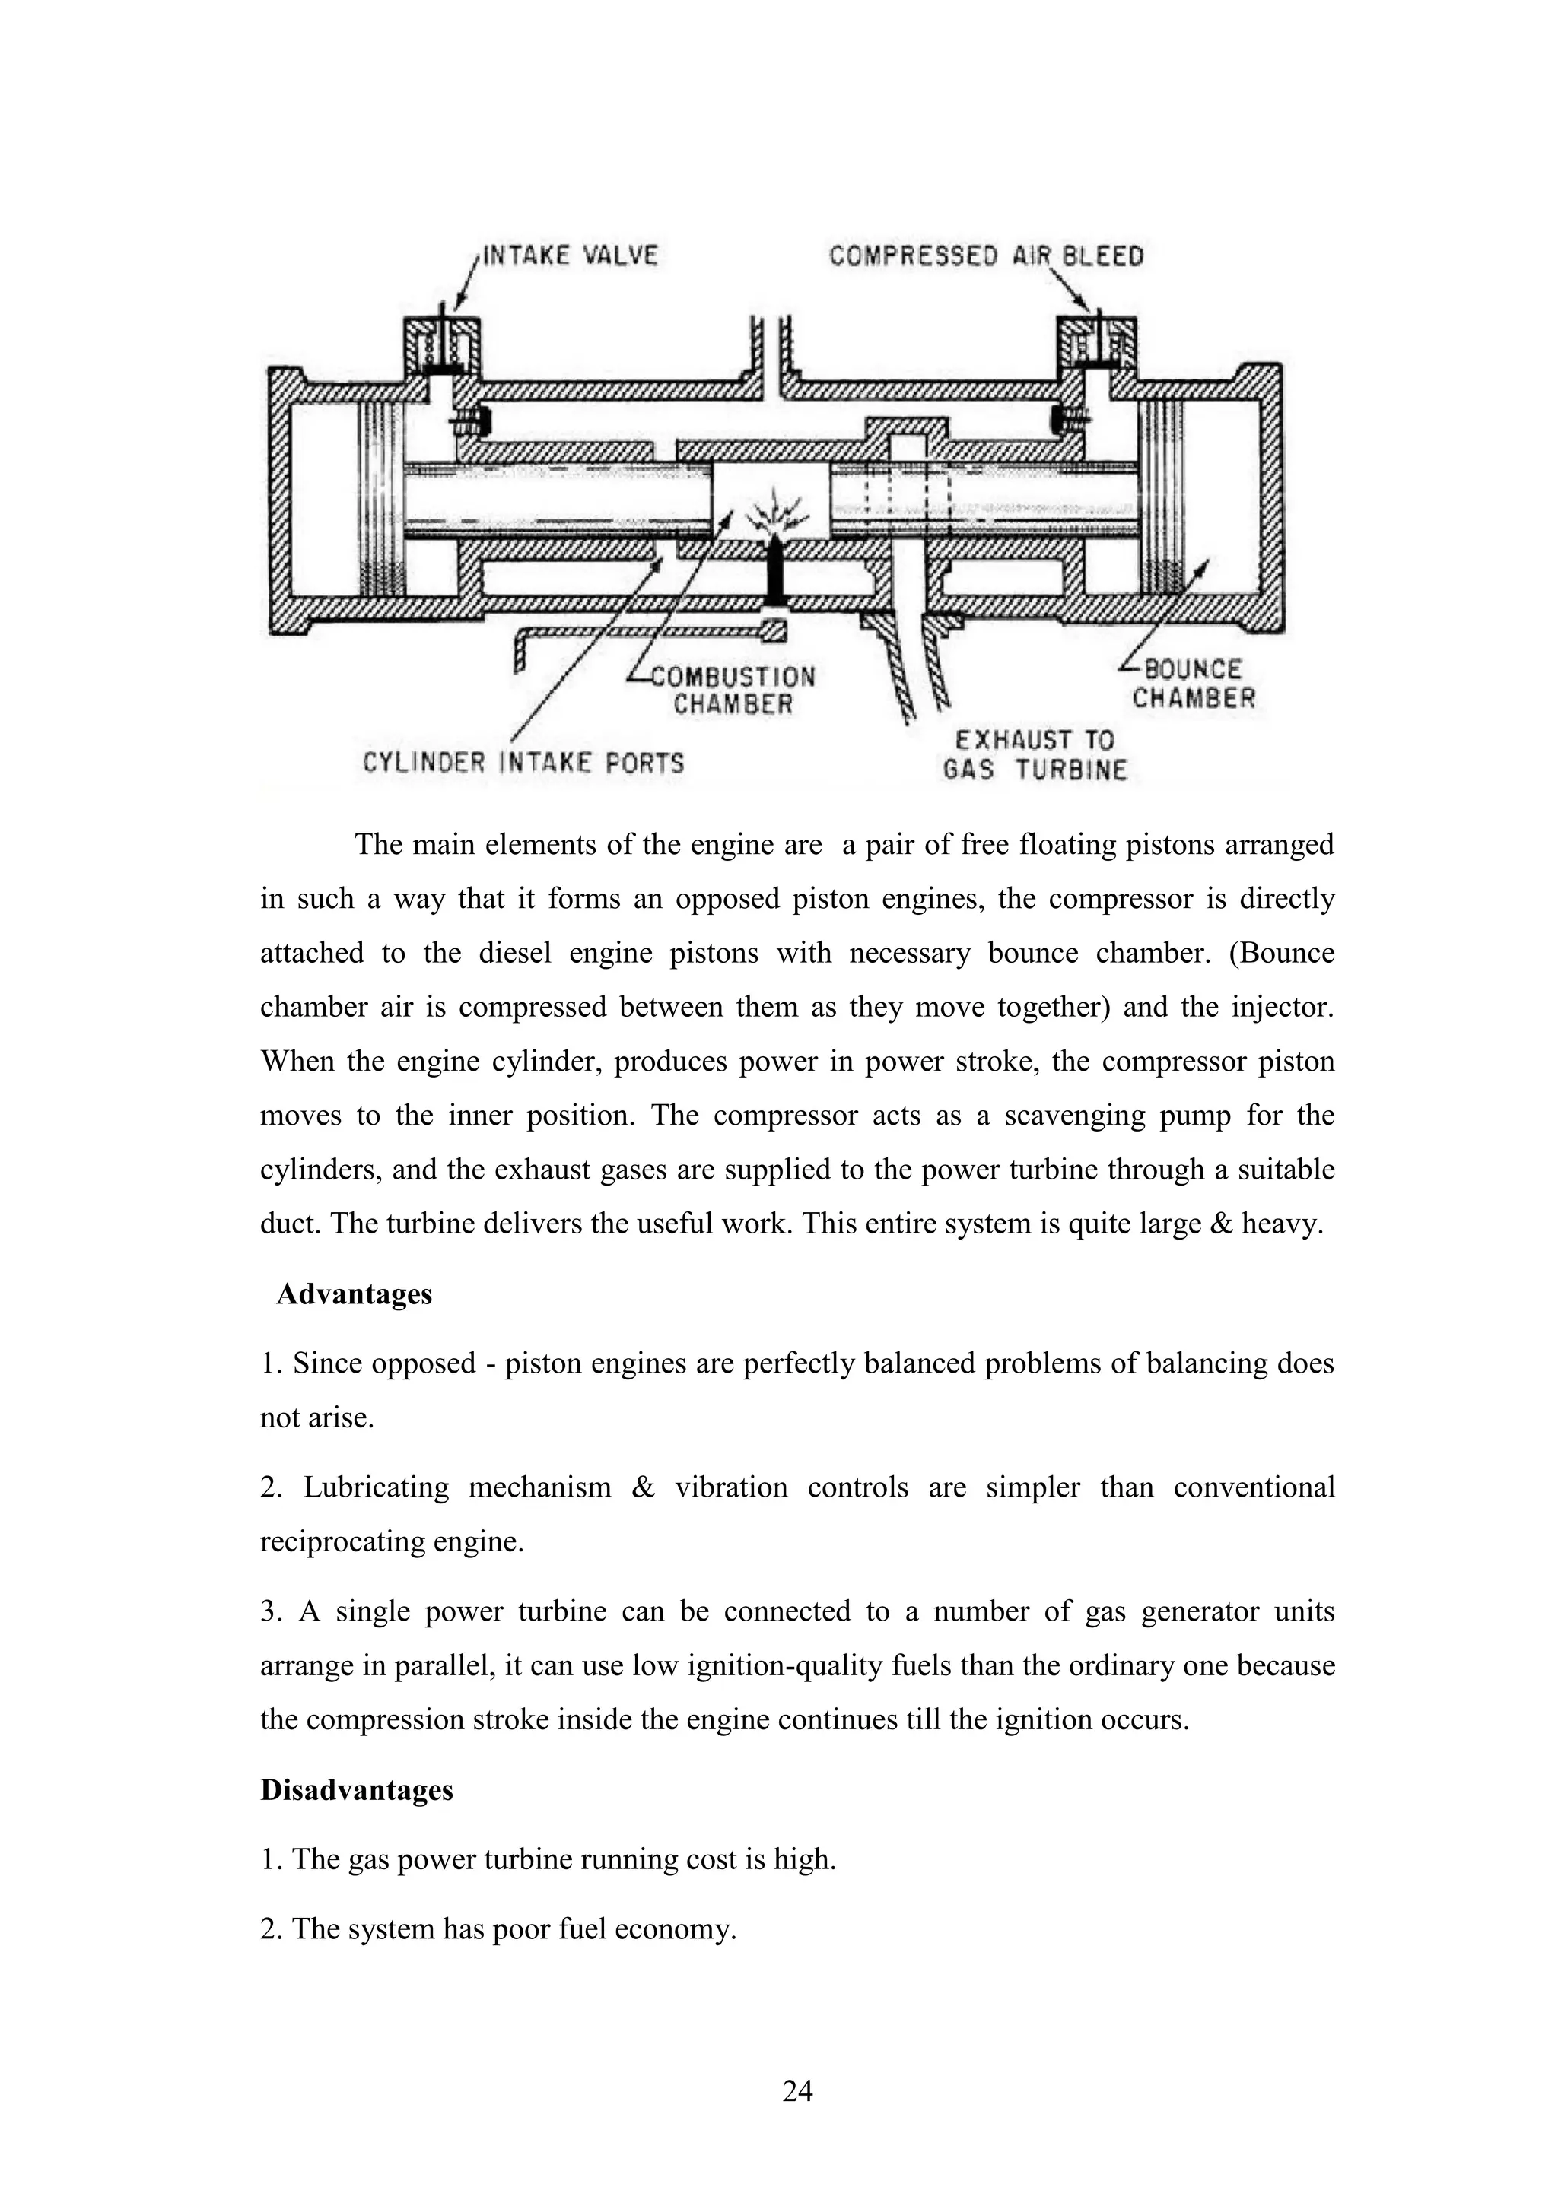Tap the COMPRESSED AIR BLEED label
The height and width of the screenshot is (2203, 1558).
(x=986, y=256)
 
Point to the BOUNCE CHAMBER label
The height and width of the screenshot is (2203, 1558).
(x=1193, y=683)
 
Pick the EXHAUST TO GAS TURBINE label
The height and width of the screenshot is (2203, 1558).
(x=1035, y=755)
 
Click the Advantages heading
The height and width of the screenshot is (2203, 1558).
(x=355, y=1294)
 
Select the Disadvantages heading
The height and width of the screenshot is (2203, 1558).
(x=356, y=1789)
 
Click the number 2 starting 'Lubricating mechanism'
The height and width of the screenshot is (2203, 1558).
(x=269, y=1487)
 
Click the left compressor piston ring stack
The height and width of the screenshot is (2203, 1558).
(x=381, y=498)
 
